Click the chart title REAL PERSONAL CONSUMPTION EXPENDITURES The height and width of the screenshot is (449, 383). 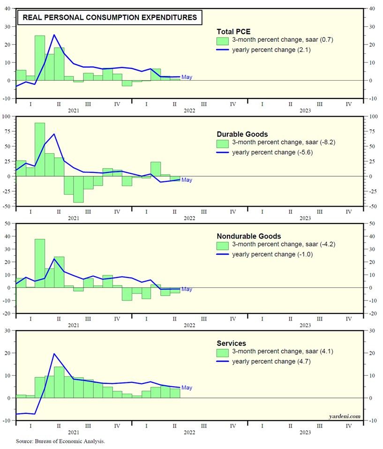(x=110, y=18)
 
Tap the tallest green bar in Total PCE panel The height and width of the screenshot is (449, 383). (x=40, y=57)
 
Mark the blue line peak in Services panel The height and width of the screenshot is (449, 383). (x=54, y=353)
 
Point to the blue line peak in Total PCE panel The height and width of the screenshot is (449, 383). (x=54, y=35)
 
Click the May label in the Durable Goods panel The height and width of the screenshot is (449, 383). (x=187, y=180)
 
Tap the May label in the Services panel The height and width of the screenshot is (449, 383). (x=187, y=388)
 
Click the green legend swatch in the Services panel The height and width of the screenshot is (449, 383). (x=222, y=352)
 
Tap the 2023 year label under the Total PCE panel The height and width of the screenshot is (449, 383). (x=305, y=111)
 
